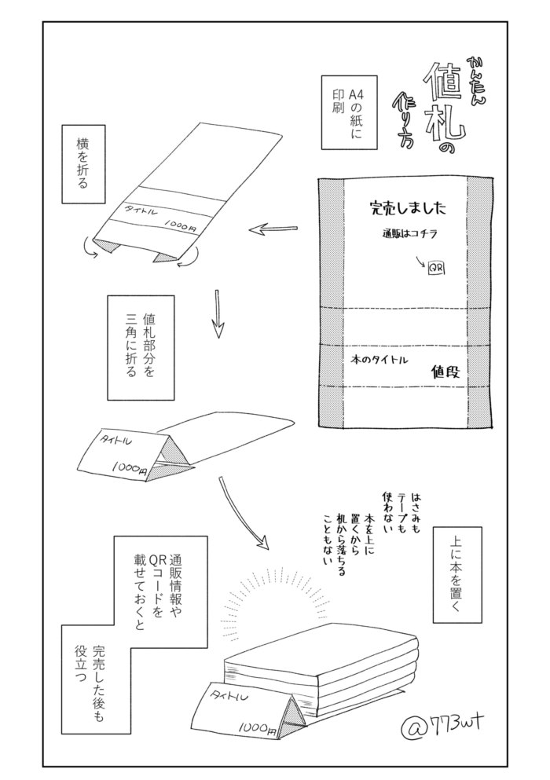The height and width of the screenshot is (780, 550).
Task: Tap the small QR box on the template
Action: coord(436,269)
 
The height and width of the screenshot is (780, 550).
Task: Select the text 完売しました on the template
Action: coord(408,208)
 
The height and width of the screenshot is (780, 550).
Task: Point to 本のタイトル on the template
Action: coord(379,359)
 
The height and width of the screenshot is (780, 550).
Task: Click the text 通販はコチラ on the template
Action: coord(409,234)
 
